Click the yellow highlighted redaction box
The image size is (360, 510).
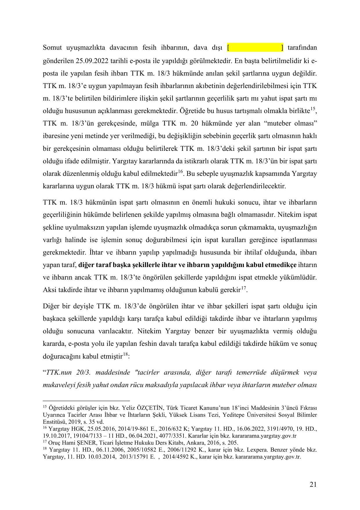point(255,47)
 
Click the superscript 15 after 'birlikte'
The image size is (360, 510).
point(313,109)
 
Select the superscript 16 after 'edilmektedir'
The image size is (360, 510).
point(180,172)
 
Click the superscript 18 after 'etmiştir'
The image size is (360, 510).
point(125,355)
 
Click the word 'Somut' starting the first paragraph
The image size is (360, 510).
point(52,48)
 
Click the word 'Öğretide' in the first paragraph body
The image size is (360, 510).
point(191,111)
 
